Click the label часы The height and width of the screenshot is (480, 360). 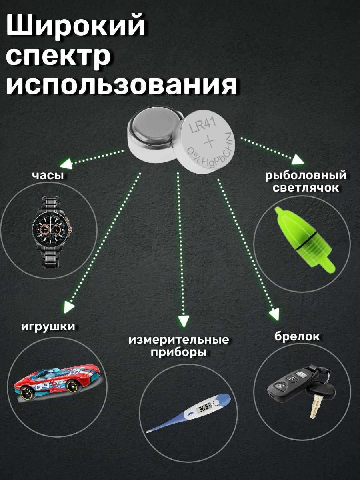pyautogui.click(x=48, y=176)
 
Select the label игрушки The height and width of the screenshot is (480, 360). pyautogui.click(x=48, y=326)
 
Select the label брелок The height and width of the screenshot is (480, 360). pyautogui.click(x=297, y=336)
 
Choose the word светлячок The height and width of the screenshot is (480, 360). pyautogui.click(x=306, y=188)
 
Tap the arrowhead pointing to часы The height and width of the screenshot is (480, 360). pyautogui.click(x=67, y=163)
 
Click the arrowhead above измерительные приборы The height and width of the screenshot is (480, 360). pyautogui.click(x=183, y=321)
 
